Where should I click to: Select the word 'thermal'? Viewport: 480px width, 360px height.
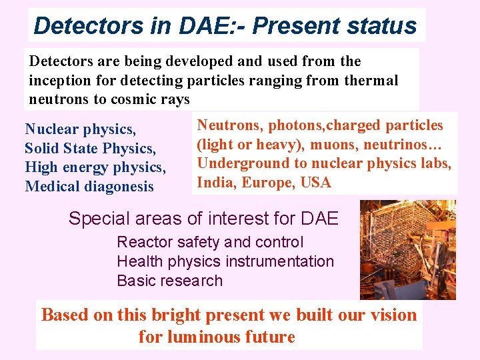pos(371,81)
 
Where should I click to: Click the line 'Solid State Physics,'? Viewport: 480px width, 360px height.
pos(89,148)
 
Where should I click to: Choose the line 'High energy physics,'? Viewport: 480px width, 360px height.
pos(95,167)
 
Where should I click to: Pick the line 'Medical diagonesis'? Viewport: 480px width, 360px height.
pos(89,186)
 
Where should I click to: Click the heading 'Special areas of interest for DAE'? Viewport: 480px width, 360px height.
pos(203,218)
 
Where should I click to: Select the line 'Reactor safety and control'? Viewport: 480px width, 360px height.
pos(210,242)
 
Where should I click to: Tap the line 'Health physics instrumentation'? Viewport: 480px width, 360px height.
pos(225,261)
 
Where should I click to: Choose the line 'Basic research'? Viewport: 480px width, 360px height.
pos(169,281)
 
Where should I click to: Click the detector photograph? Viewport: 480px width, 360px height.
pos(407,250)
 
